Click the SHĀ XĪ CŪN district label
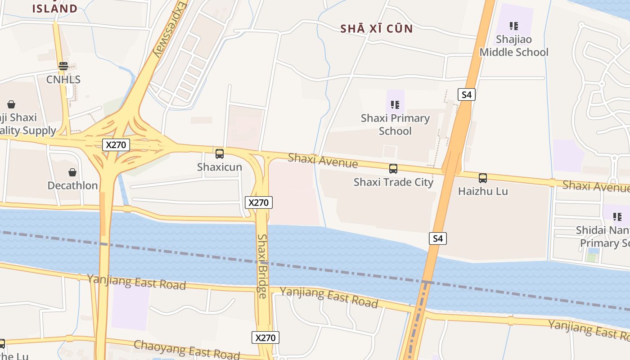[376, 29]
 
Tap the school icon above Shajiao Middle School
[514, 26]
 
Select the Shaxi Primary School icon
[395, 105]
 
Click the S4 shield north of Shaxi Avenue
[467, 94]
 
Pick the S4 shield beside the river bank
[438, 238]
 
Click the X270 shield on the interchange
[117, 144]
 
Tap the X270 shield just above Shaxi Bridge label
[259, 202]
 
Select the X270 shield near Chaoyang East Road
[265, 337]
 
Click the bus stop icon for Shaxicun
[220, 154]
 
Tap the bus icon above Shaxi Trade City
[393, 169]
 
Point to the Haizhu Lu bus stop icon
[483, 178]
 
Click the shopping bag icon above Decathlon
[72, 172]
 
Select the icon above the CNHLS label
[63, 66]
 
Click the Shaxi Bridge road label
[262, 266]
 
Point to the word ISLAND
[55, 9]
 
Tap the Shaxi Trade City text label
[393, 182]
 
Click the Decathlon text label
[72, 185]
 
